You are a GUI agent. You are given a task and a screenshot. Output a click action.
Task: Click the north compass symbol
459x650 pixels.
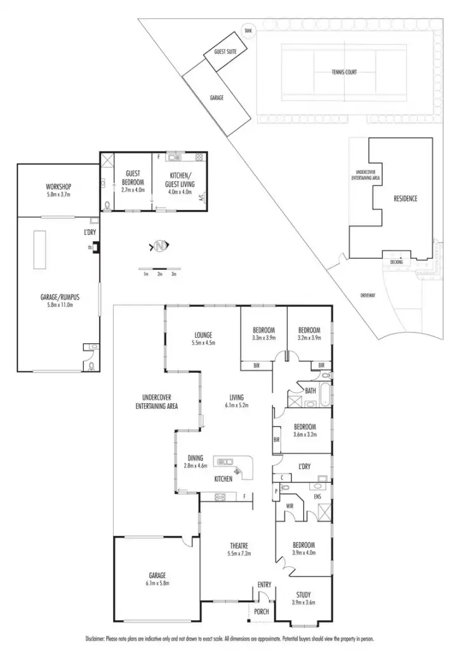pos(160,245)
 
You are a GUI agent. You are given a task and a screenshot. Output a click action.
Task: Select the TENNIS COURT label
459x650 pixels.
pos(344,72)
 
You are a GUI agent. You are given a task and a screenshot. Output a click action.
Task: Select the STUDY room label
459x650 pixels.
pos(303,595)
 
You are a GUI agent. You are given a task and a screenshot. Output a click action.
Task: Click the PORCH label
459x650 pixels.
pos(262,612)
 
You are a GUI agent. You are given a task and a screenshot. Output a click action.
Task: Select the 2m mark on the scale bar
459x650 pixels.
pos(160,274)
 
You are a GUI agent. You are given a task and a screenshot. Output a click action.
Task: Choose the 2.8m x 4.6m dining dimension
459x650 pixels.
pos(195,466)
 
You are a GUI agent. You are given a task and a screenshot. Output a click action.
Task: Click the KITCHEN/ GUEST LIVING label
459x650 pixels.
pos(181,179)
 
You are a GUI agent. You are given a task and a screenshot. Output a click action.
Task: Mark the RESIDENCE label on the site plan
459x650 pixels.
pos(405,199)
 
